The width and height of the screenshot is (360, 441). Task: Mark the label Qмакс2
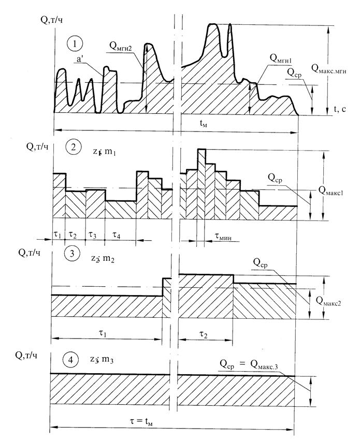(x=339, y=299)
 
